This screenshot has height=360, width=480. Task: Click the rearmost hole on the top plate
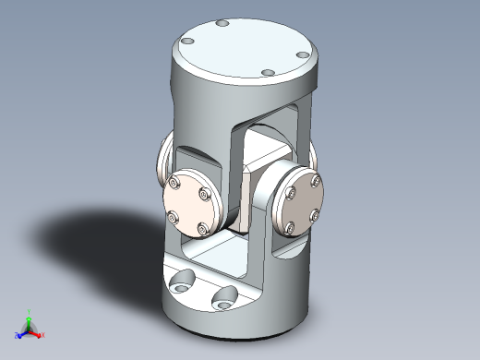[220, 23]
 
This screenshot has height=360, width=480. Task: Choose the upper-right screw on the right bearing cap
[318, 182]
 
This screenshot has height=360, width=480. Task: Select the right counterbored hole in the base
[224, 296]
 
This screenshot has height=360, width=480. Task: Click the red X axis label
[42, 333]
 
